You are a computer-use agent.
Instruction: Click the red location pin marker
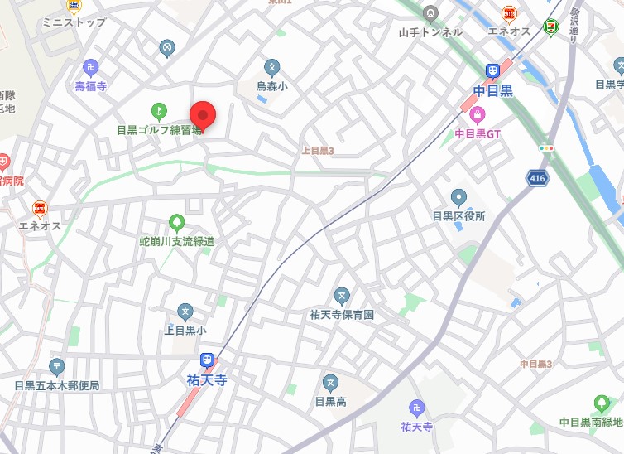(203, 115)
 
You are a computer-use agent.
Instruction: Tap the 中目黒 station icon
(492, 71)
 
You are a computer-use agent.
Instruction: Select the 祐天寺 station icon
(207, 360)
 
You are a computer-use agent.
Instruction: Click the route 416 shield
(537, 177)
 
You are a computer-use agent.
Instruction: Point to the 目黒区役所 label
(458, 215)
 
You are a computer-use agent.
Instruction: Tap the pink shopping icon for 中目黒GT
(478, 113)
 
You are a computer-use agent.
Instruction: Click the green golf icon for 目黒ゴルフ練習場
(158, 110)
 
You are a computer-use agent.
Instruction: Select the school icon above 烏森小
(271, 66)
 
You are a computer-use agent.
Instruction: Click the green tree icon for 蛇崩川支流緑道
(176, 222)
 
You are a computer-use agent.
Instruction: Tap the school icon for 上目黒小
(185, 312)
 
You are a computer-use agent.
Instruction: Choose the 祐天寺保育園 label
(342, 314)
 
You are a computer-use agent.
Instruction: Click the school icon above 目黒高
(330, 383)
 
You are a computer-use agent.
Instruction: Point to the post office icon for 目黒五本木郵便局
(57, 366)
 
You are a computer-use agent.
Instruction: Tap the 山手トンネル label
(430, 32)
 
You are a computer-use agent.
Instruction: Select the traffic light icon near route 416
(546, 147)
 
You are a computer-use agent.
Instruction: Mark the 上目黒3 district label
(318, 151)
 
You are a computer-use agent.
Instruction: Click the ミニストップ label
(74, 22)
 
